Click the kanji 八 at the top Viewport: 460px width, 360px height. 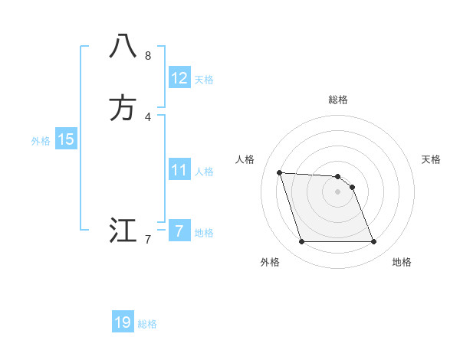[123, 47]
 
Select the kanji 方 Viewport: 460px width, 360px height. [123, 108]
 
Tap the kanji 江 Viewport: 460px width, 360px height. [123, 231]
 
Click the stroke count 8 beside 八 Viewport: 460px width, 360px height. [148, 56]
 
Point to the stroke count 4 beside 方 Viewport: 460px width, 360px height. [148, 116]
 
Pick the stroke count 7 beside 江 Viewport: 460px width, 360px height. [148, 240]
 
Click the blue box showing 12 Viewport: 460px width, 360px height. [179, 78]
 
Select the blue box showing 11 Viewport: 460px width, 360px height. [179, 170]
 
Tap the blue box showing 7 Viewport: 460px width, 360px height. [179, 231]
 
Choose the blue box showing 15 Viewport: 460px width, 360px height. [66, 139]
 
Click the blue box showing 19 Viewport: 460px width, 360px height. [123, 322]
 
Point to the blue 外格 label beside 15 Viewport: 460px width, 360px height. [41, 140]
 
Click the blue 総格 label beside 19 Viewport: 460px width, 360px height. [147, 324]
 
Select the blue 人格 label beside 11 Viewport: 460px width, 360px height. [204, 172]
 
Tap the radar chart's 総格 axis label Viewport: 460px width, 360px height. [338, 100]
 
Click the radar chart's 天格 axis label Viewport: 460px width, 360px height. [432, 159]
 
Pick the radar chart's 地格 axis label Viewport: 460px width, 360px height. [402, 262]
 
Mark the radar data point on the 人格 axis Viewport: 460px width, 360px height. [279, 172]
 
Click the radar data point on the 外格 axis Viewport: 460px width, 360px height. [301, 242]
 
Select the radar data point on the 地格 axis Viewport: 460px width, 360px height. [373, 242]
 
